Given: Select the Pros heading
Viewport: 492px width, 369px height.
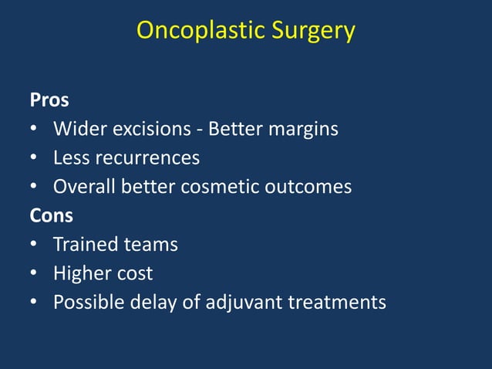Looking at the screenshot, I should [x=49, y=100].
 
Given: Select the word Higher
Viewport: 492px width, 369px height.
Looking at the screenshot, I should [x=80, y=273].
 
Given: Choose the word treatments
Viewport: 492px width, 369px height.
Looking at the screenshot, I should [x=337, y=302].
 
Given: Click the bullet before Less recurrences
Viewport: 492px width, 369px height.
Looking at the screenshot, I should [x=35, y=158].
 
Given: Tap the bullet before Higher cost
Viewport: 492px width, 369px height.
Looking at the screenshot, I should [x=35, y=273].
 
